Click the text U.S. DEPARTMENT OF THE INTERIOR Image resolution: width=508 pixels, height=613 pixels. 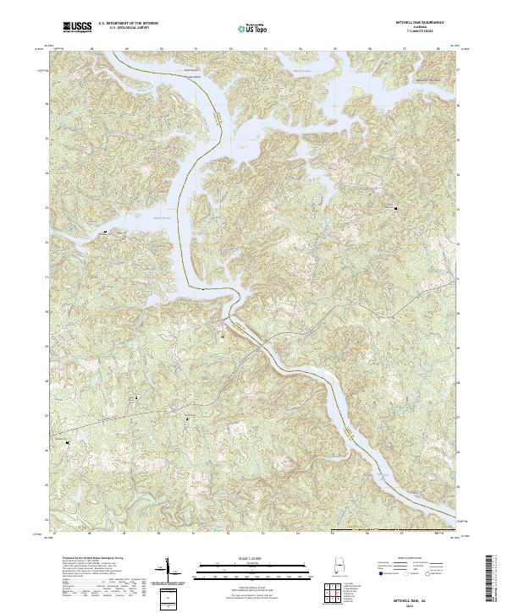128,23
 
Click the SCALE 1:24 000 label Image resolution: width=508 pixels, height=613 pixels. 241,559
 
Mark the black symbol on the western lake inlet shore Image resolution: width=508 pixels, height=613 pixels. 105,230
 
